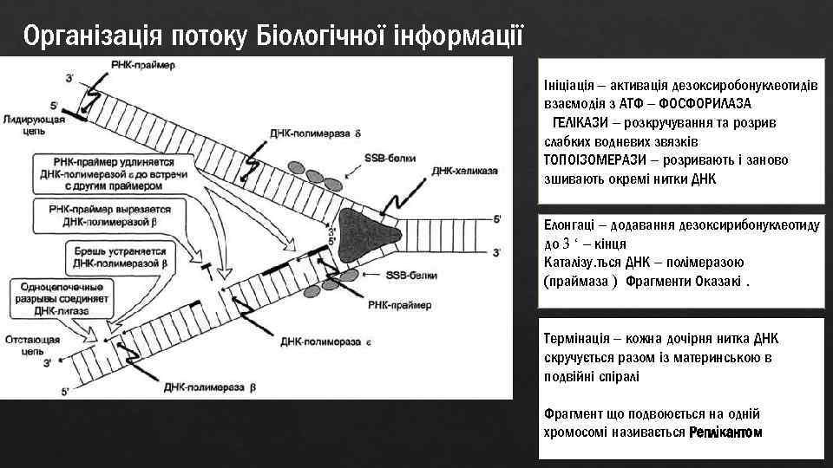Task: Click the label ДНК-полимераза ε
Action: point(325,342)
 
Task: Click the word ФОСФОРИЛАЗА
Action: point(705,102)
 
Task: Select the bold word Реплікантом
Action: point(726,432)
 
